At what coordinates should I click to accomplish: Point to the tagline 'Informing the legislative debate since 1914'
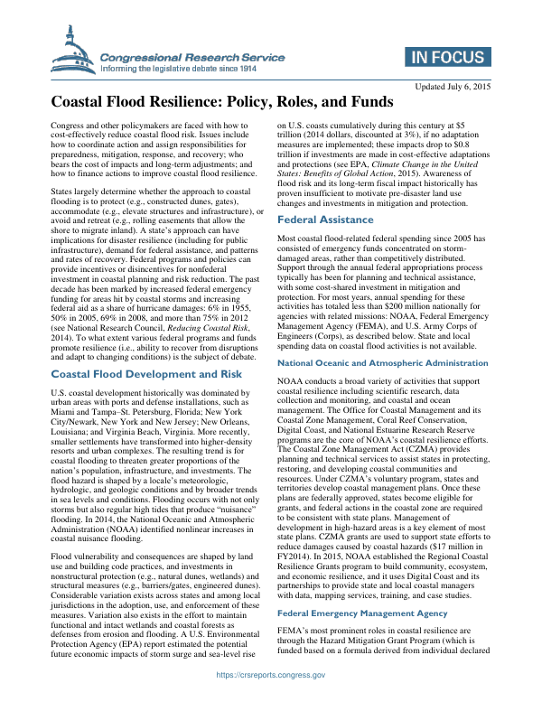point(180,68)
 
